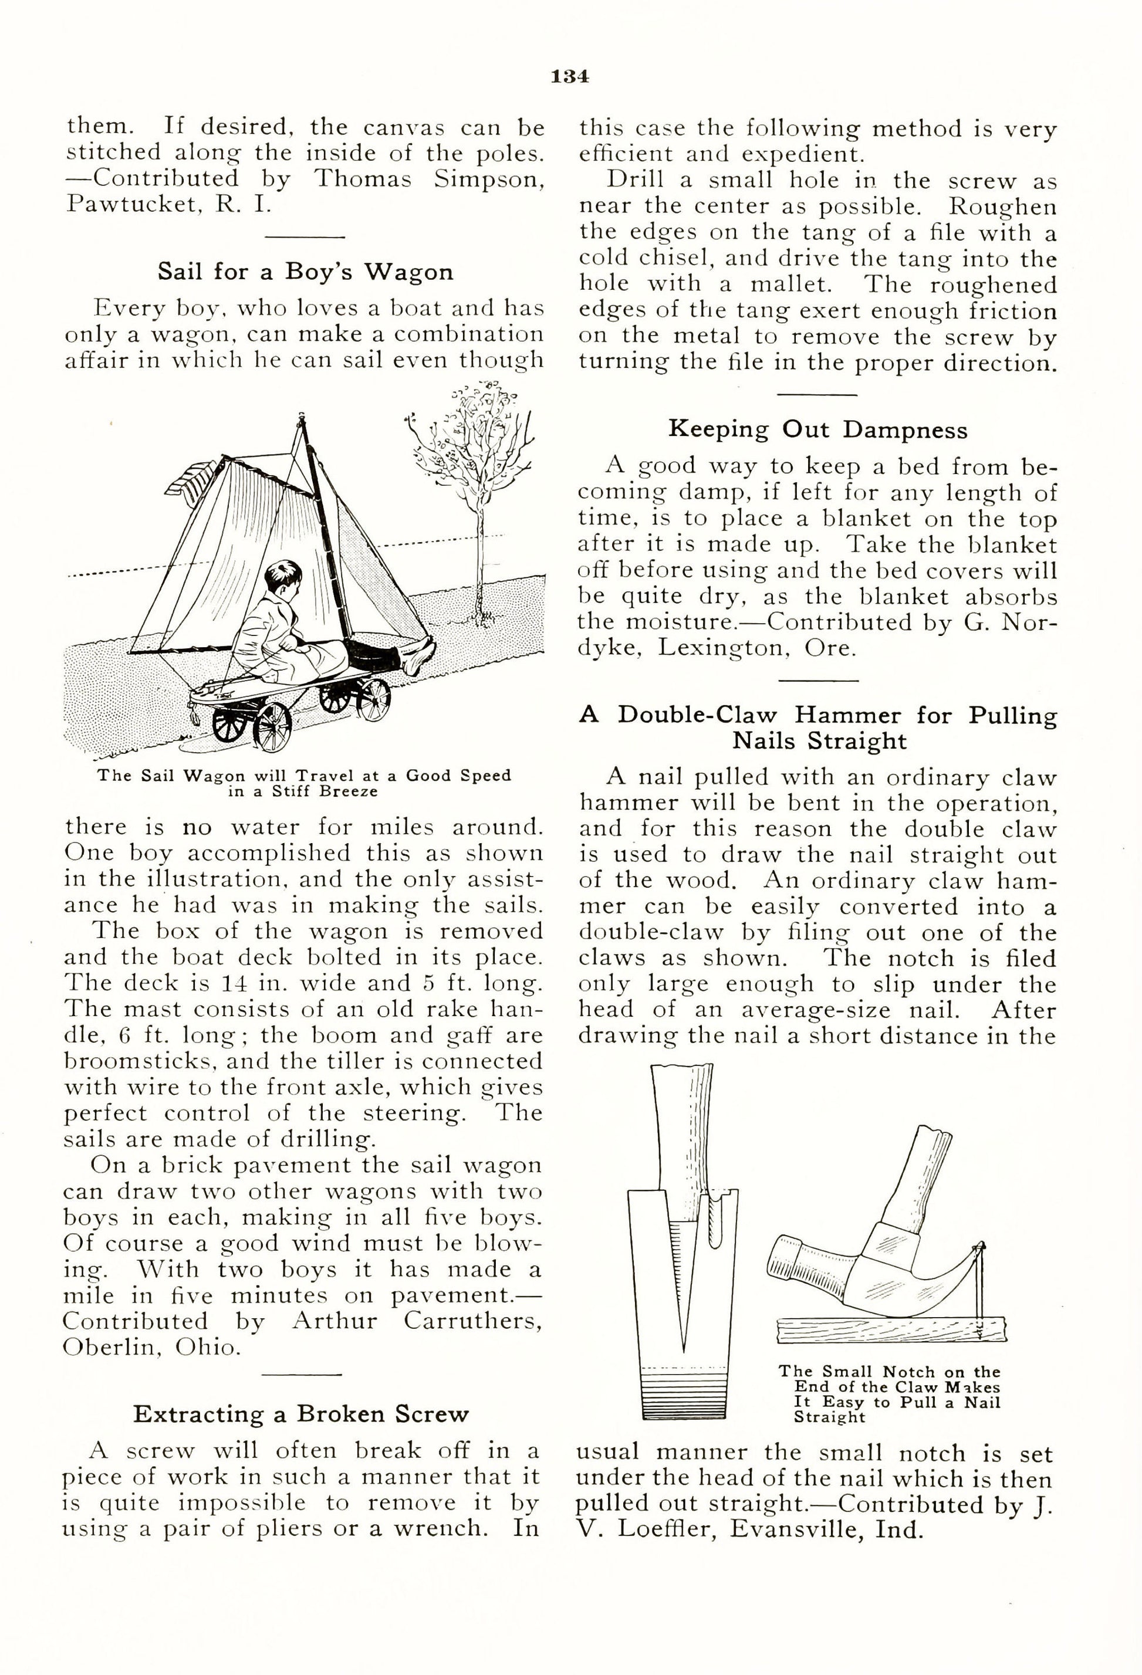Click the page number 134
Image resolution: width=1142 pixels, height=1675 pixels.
tap(570, 76)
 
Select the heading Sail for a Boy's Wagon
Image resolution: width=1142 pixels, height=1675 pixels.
tap(306, 272)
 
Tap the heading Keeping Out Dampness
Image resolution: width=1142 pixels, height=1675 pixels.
tap(817, 429)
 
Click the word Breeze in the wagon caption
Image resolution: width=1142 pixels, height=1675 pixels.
tap(349, 791)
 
